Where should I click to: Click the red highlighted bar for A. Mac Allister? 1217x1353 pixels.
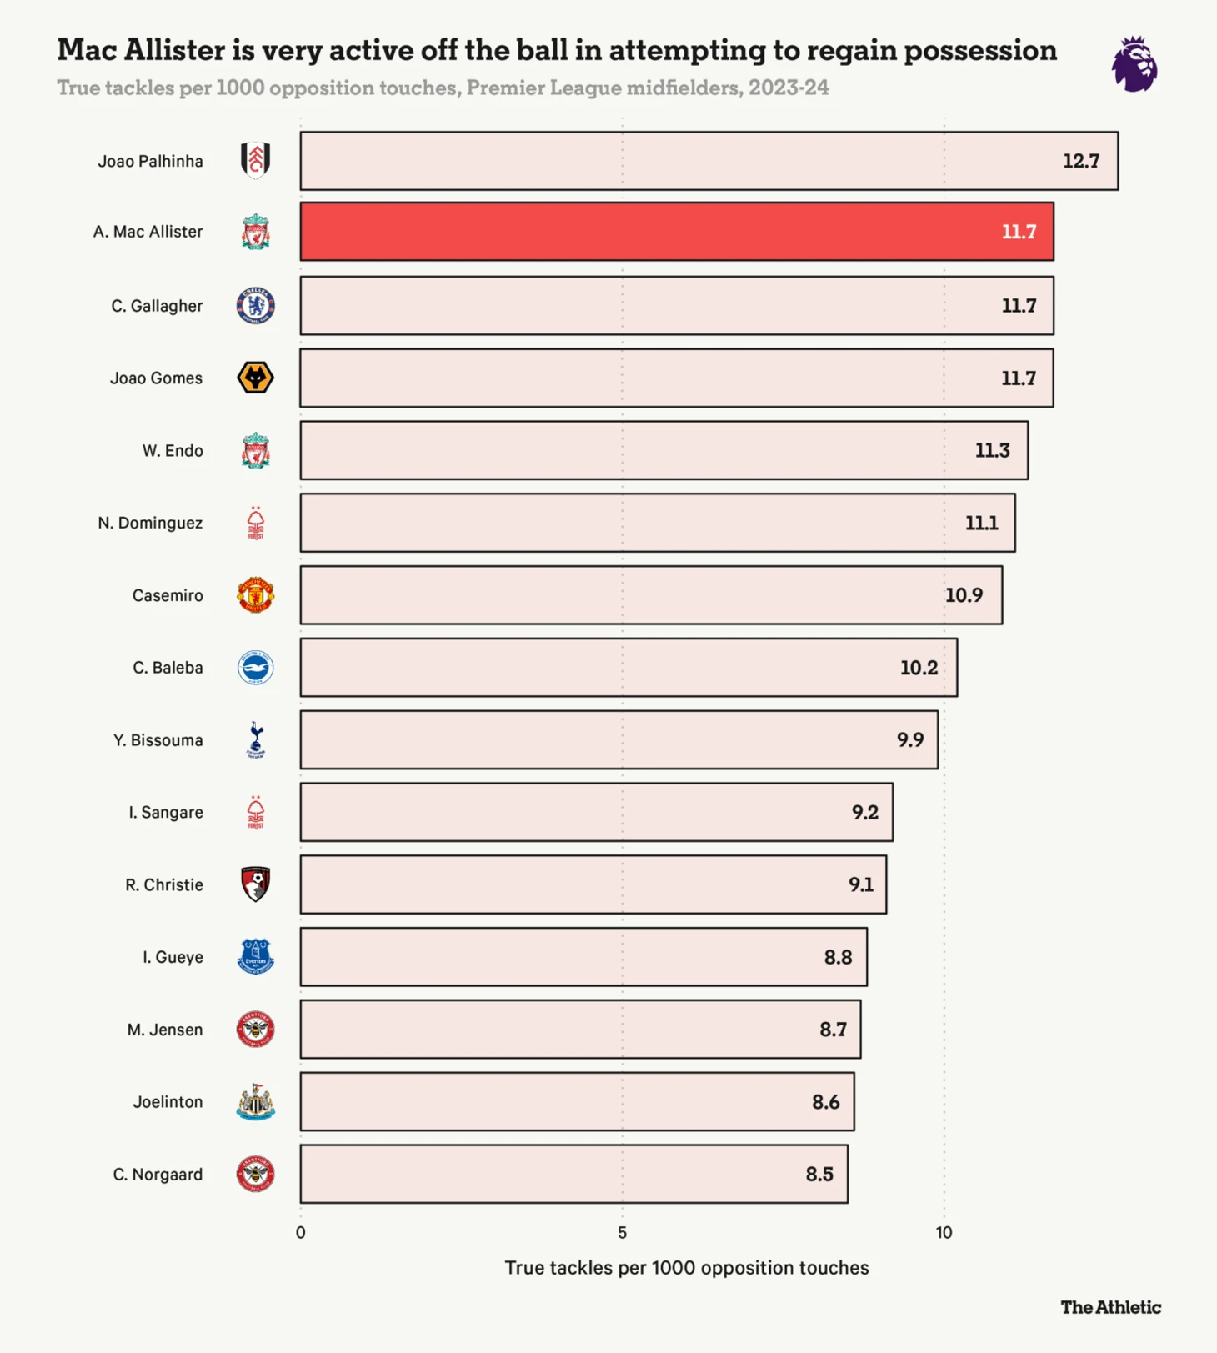click(x=676, y=232)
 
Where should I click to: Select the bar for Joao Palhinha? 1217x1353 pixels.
click(x=709, y=161)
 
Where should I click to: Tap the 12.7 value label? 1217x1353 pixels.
click(x=1080, y=161)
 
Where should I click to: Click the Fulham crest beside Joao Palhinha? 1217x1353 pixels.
click(x=256, y=160)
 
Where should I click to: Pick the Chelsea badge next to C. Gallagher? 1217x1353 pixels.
click(x=256, y=306)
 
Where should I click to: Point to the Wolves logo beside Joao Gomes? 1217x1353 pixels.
click(x=256, y=378)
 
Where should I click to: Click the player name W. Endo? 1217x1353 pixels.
click(x=173, y=451)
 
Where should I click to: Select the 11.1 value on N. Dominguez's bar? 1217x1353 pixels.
click(x=981, y=523)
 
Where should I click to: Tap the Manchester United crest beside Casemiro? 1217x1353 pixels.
click(x=256, y=595)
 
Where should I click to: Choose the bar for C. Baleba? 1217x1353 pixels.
click(x=629, y=668)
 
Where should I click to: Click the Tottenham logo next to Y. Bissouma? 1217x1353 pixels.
click(x=256, y=739)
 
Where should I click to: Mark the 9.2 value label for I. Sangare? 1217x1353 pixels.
click(x=864, y=812)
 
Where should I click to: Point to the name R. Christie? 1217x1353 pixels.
click(x=164, y=885)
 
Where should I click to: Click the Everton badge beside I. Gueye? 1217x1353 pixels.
click(x=256, y=957)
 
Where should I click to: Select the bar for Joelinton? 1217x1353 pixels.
click(x=577, y=1102)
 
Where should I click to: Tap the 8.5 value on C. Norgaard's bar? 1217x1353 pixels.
click(x=819, y=1175)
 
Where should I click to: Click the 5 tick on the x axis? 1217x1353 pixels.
click(x=622, y=1233)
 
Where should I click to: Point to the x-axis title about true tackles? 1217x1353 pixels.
click(x=686, y=1268)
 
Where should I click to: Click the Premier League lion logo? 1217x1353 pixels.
click(x=1134, y=64)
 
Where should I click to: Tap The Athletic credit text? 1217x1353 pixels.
click(x=1110, y=1307)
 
